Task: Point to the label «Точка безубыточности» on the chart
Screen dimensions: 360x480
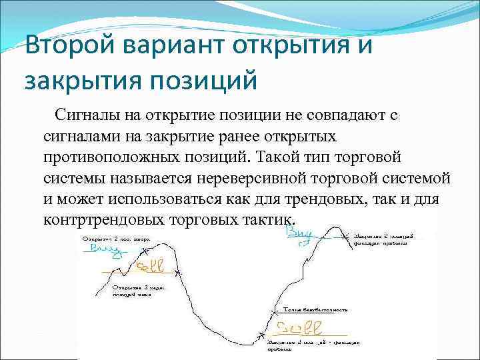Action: coord(317,310)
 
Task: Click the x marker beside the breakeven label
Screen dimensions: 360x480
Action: coord(277,311)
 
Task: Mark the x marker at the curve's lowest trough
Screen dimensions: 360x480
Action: coord(260,333)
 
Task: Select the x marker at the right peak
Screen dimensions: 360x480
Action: coord(345,235)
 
